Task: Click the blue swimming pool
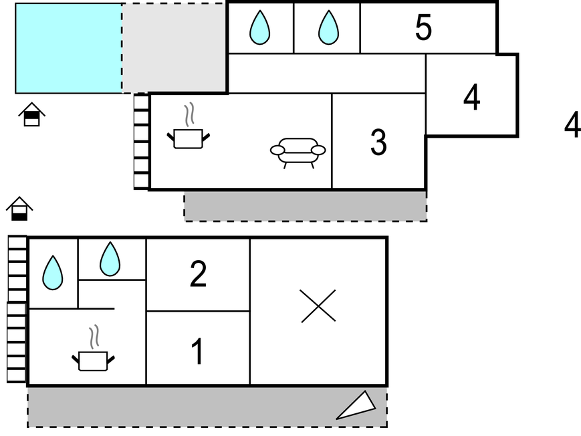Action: coord(68,48)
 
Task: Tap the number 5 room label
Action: coord(423,27)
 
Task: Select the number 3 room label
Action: coord(378,142)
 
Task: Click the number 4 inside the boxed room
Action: coord(471,98)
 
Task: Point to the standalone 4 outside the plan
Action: coord(572,125)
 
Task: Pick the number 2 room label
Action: coord(198,274)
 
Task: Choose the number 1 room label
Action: coord(198,352)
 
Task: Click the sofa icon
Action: coord(298,152)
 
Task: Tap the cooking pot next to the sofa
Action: coord(188,133)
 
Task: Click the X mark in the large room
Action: coord(318,306)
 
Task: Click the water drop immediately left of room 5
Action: coord(328,28)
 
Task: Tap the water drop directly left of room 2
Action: coord(110,259)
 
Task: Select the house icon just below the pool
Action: coord(31,114)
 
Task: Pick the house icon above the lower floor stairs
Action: coord(19,209)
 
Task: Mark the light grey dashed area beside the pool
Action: coord(174,48)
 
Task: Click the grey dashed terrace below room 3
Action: coord(305,206)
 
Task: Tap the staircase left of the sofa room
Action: coord(141,142)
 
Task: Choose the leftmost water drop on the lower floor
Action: coord(52,273)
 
